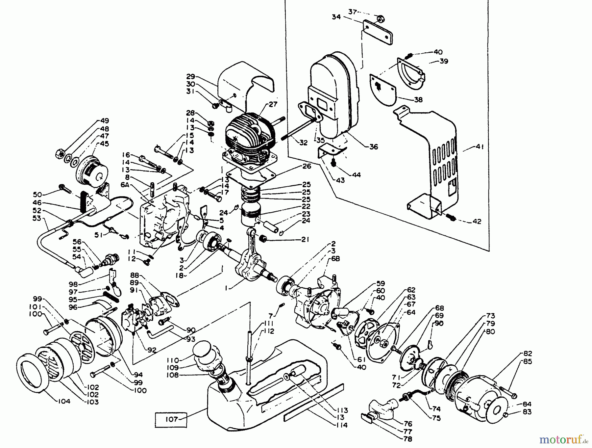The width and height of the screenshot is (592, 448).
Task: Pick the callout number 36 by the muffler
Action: tap(374, 147)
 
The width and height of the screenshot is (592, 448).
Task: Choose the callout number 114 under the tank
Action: tap(342, 425)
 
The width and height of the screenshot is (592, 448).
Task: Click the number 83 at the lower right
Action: tap(526, 412)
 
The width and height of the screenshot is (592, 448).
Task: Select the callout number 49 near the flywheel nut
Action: tap(105, 121)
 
